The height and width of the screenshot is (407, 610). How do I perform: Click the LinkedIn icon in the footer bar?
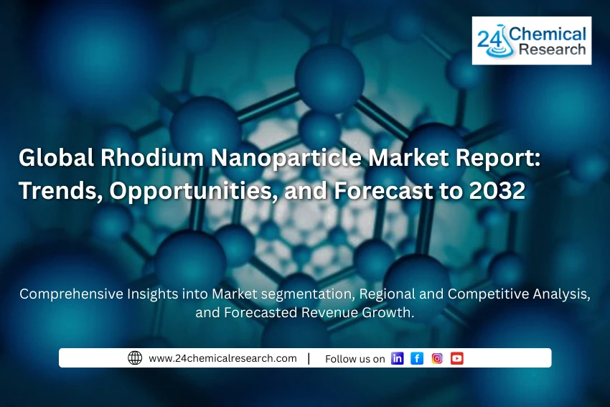click(397, 358)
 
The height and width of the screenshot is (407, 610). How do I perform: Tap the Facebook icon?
click(417, 358)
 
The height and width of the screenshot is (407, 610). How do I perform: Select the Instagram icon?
click(437, 358)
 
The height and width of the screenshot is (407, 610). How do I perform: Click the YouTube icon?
click(457, 358)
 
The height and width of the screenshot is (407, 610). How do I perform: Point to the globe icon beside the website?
click(135, 358)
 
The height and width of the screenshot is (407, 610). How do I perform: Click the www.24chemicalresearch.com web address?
click(222, 358)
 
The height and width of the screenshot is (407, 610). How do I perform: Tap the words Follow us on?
click(355, 359)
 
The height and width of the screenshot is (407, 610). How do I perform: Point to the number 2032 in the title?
click(502, 190)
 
